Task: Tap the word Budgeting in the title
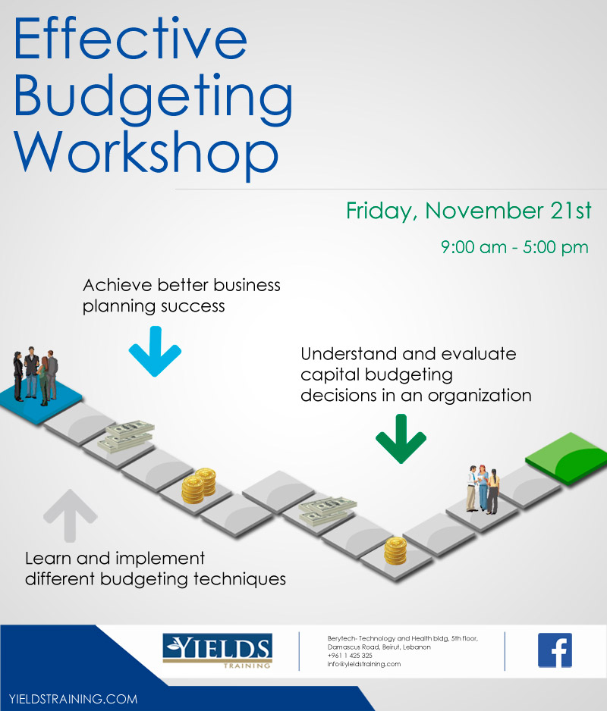(153, 98)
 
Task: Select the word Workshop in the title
(146, 154)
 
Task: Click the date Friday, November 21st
(469, 211)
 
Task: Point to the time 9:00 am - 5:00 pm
(514, 248)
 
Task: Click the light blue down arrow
(156, 351)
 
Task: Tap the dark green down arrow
(401, 438)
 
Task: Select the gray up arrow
(70, 515)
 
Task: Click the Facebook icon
(555, 650)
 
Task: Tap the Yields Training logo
(217, 650)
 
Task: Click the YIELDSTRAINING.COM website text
(73, 699)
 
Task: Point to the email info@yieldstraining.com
(364, 664)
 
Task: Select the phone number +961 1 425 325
(350, 655)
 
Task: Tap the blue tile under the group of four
(41, 401)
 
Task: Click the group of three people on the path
(483, 489)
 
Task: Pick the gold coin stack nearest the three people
(395, 551)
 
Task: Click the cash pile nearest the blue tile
(126, 436)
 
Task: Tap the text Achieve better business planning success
(181, 296)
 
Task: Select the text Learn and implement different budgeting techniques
(156, 568)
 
